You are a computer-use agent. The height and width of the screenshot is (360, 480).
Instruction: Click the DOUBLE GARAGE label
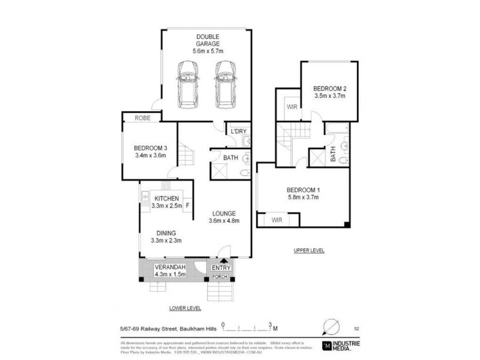(207, 40)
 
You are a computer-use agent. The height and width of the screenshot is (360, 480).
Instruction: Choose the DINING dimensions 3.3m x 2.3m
(166, 241)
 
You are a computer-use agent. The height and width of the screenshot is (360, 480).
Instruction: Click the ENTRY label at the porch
(221, 267)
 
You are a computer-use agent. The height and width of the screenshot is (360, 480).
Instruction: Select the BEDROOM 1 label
(303, 190)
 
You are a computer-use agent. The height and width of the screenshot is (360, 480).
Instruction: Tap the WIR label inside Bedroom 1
(277, 220)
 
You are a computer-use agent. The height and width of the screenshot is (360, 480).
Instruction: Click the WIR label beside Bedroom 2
(293, 107)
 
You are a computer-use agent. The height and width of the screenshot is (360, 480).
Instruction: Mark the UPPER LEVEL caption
(309, 250)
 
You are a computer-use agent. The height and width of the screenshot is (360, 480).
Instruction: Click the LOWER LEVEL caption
(185, 308)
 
